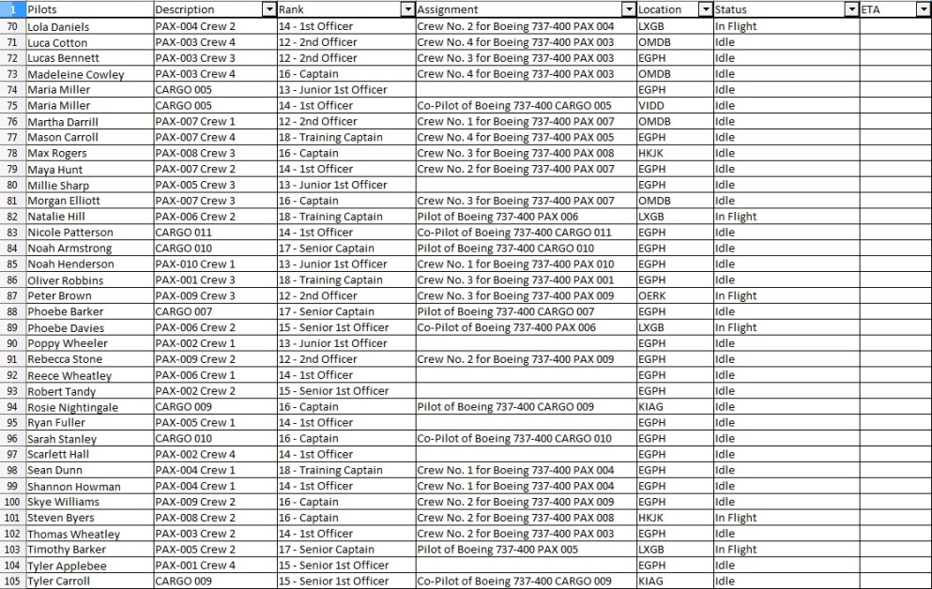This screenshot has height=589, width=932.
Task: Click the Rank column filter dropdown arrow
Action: click(406, 9)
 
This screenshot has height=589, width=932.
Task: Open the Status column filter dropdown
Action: click(851, 9)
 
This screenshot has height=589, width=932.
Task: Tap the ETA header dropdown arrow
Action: click(923, 9)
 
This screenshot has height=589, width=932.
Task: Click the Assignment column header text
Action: click(447, 9)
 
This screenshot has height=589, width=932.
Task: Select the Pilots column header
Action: click(42, 9)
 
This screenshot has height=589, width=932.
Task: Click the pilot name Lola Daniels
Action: click(58, 27)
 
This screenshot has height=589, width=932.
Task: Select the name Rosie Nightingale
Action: click(72, 407)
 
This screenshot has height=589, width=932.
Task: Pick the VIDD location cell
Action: click(651, 106)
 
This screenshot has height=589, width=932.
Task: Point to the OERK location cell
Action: click(652, 296)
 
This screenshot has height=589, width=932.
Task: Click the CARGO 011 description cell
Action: click(184, 233)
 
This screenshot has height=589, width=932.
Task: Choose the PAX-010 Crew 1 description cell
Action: click(195, 264)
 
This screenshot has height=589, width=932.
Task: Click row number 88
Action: click(12, 311)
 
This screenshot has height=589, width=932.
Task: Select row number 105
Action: click(12, 581)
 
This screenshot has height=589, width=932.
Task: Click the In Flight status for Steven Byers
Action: click(736, 518)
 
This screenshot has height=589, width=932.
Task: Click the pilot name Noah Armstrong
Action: click(69, 249)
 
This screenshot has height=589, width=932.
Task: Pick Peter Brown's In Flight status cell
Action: click(736, 296)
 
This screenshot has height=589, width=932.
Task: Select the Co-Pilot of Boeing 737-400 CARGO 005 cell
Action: click(514, 106)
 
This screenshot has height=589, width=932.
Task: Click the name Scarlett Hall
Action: click(58, 455)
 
